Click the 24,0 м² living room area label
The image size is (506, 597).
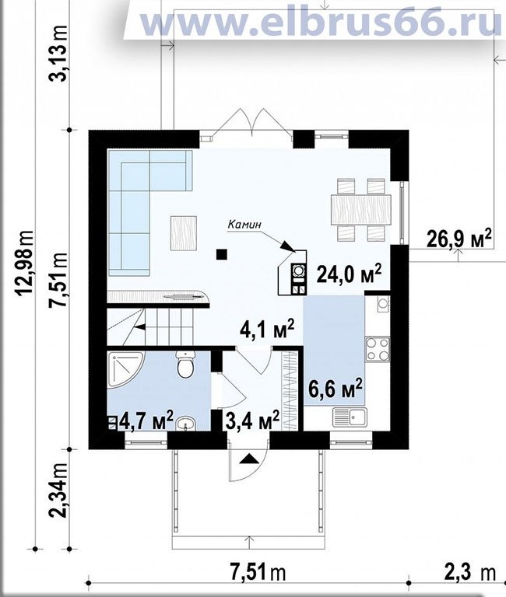tap(349, 274)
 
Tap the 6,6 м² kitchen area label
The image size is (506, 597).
tap(335, 388)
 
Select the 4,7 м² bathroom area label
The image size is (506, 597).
tap(147, 420)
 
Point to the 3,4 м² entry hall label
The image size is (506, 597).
tap(252, 420)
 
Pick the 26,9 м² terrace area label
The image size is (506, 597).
tap(459, 239)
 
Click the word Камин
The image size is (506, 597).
tap(244, 225)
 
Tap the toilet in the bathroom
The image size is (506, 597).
tap(186, 365)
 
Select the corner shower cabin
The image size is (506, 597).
tap(125, 369)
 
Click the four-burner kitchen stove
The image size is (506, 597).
tap(378, 349)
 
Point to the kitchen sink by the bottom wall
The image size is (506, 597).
tap(350, 417)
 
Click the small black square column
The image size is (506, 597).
tap(222, 254)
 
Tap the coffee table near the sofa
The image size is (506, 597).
tap(184, 233)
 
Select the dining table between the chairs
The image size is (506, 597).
tap(360, 209)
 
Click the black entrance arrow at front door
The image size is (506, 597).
tap(249, 459)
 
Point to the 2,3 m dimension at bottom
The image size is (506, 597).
tap(469, 572)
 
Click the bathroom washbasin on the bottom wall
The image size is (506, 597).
tap(186, 424)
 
